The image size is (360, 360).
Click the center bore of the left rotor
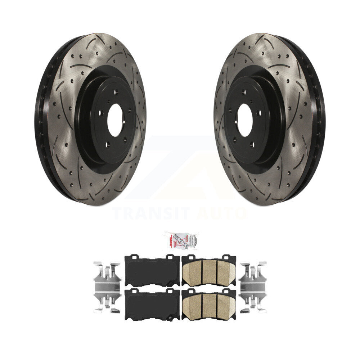click(x=115, y=120)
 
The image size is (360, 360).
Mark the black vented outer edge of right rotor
click(x=319, y=119)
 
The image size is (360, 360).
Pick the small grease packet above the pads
click(x=179, y=240)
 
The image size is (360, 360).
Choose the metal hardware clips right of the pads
click(x=253, y=286)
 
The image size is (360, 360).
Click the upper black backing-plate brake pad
click(x=152, y=271)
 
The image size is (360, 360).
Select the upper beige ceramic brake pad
click(x=209, y=271)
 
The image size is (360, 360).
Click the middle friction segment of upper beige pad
click(x=209, y=272)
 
